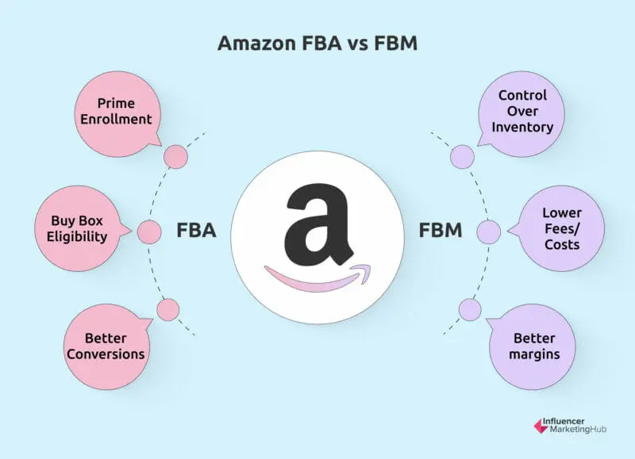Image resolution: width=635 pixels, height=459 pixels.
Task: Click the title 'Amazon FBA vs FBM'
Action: point(317,44)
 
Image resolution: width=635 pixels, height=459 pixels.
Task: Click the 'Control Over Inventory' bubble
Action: point(521,111)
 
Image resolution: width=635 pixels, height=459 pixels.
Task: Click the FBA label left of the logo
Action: point(196,231)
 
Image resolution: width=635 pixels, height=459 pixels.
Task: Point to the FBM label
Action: point(439,231)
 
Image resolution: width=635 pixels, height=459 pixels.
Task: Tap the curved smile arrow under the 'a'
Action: point(314,277)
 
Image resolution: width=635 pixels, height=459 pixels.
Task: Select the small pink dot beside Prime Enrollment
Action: point(174,157)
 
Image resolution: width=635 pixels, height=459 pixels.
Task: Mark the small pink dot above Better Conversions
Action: point(167,309)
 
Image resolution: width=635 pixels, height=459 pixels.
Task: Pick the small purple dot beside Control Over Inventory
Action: point(460,157)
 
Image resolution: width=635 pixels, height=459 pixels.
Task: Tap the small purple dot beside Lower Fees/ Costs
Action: point(488,232)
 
